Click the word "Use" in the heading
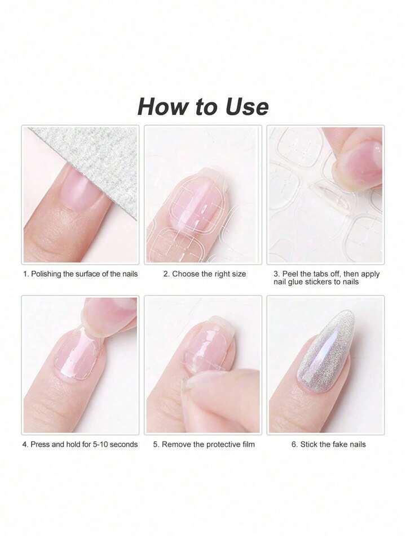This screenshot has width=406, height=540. (x=246, y=107)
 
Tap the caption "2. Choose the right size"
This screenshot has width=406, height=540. (x=205, y=274)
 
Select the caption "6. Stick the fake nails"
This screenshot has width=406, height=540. (x=328, y=444)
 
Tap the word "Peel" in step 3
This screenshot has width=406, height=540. (x=290, y=274)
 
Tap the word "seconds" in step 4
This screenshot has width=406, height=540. (x=123, y=444)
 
